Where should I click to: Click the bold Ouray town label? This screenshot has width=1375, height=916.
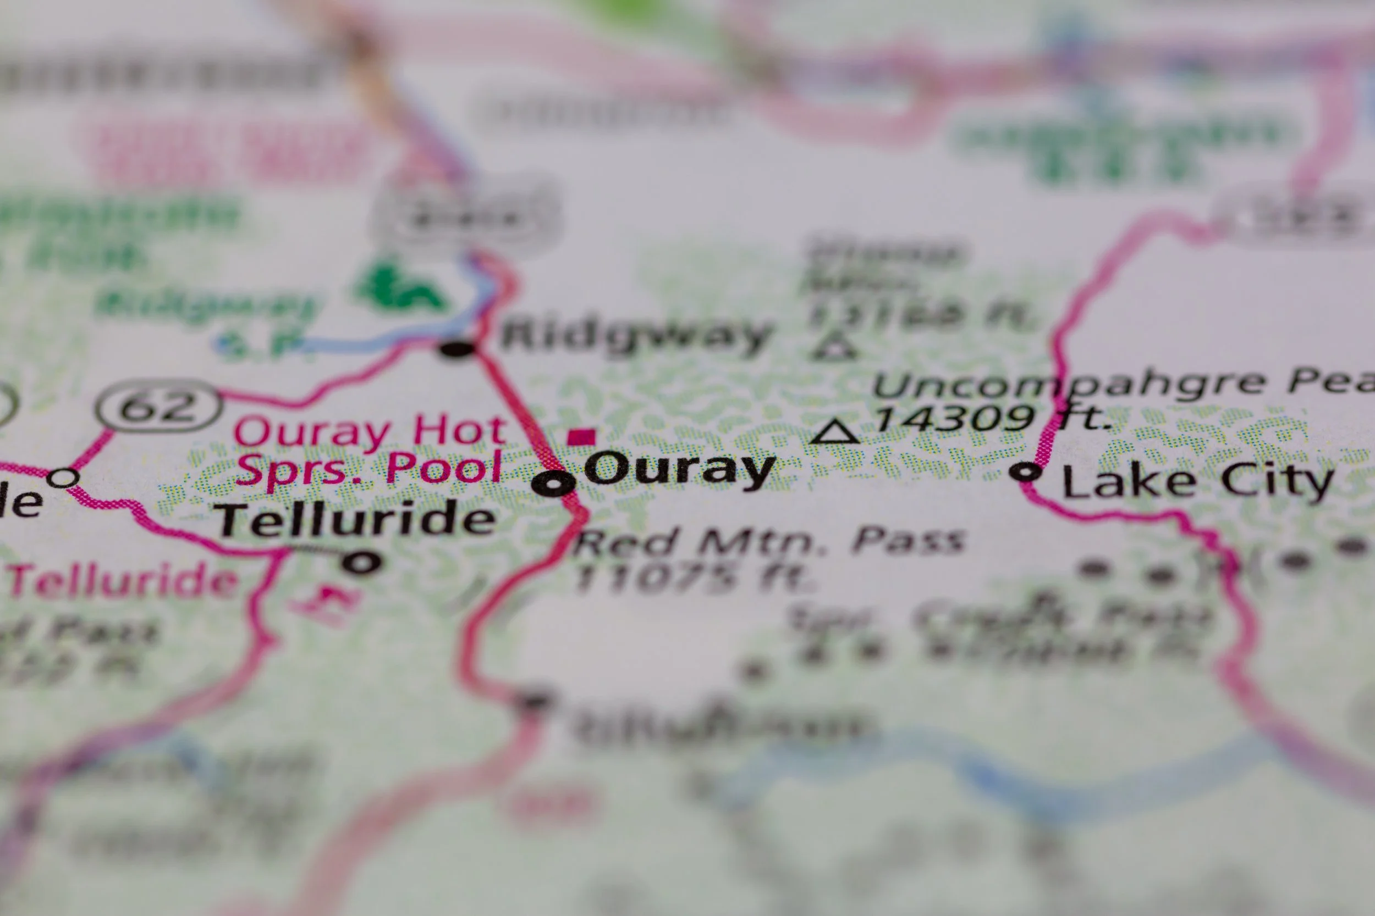pos(679,469)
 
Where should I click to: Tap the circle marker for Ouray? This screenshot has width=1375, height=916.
pos(552,483)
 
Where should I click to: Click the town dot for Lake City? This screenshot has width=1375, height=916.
pos(1026,471)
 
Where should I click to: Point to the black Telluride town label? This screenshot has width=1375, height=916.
pos(355,519)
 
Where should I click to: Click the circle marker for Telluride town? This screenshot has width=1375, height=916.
pos(361,563)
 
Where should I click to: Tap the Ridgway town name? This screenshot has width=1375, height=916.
pos(636,337)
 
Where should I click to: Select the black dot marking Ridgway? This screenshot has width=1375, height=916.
pos(457,350)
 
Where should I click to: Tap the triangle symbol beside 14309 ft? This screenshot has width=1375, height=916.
pos(835,432)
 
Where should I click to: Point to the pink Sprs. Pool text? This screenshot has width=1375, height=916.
pos(370,469)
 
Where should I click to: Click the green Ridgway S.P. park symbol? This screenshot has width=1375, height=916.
pos(400,288)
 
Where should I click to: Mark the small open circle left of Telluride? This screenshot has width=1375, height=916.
pos(63,478)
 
